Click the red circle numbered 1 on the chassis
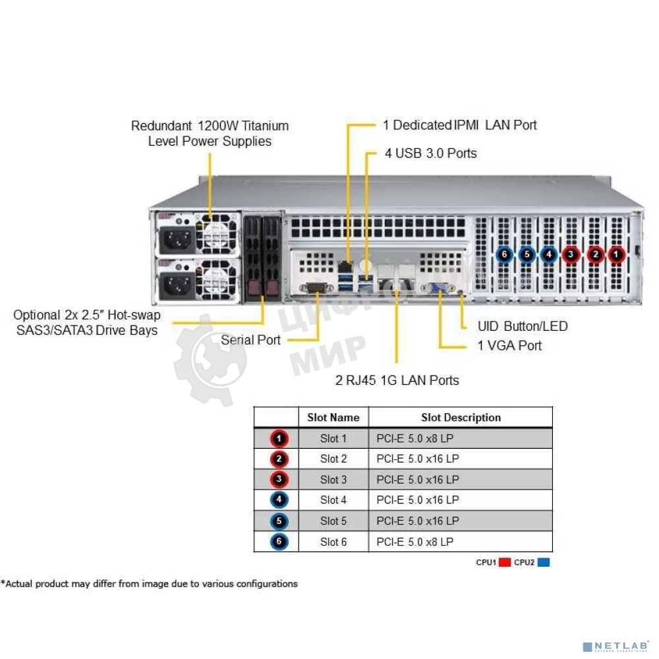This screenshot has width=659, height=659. click(x=616, y=254)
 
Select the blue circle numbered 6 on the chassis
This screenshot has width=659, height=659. click(x=504, y=254)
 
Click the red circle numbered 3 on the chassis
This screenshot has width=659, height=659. click(x=571, y=254)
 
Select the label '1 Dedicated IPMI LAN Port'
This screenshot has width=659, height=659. click(x=459, y=125)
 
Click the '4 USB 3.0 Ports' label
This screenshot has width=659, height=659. click(x=430, y=154)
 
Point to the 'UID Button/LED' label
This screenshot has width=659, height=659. click(x=522, y=326)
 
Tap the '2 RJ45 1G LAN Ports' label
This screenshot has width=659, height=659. click(x=397, y=380)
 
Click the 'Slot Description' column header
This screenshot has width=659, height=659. click(x=461, y=418)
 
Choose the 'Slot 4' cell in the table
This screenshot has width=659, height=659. click(x=333, y=500)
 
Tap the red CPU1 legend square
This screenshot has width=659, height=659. click(x=505, y=563)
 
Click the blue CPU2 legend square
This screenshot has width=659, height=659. click(x=544, y=563)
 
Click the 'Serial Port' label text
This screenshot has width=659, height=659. click(x=250, y=341)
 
